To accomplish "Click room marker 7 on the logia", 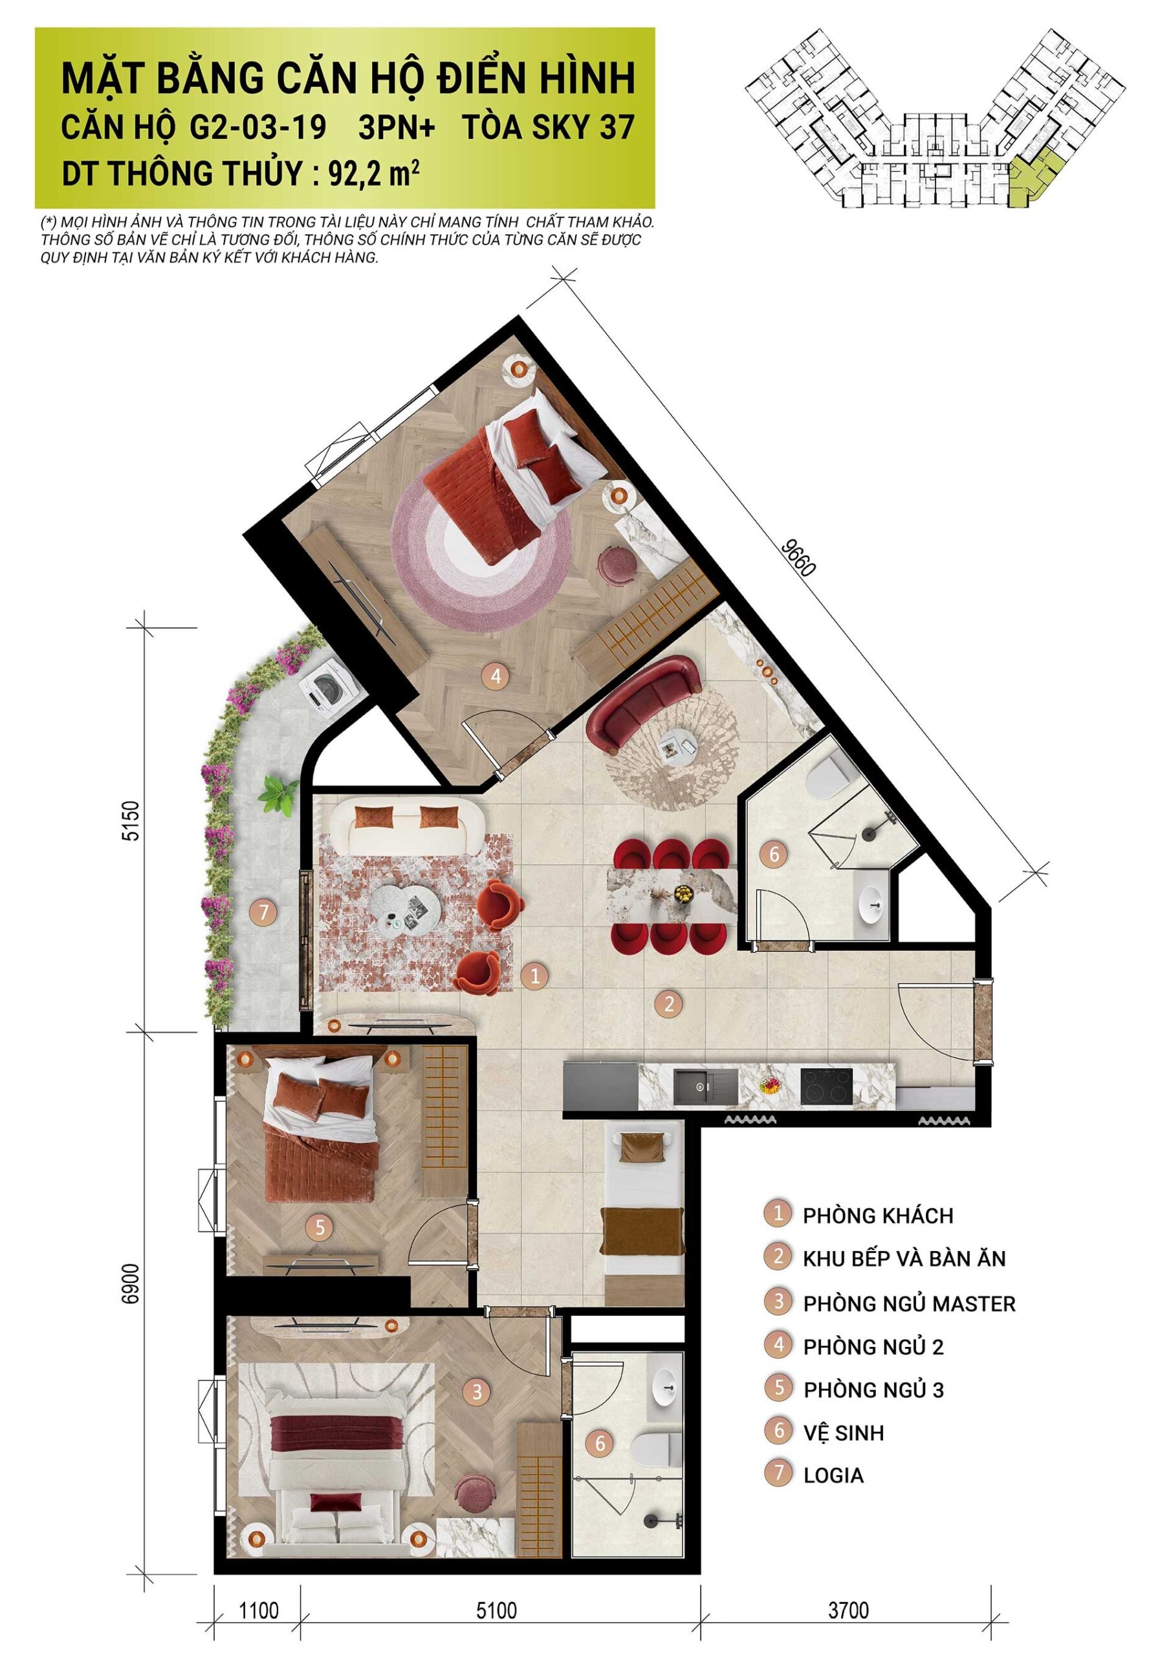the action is pyautogui.click(x=264, y=912).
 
